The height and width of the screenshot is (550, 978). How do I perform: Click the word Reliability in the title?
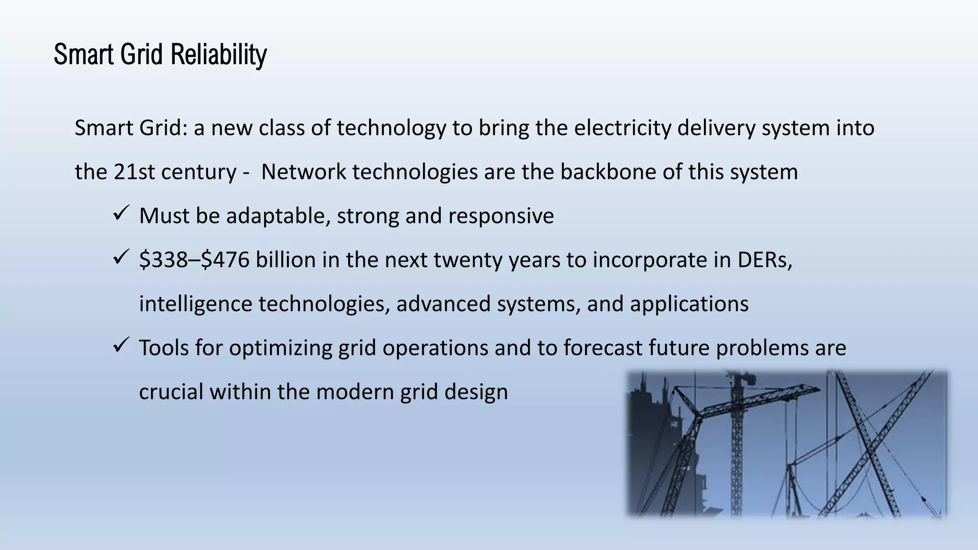[x=218, y=54]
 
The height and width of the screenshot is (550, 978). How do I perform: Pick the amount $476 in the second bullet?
[x=225, y=260]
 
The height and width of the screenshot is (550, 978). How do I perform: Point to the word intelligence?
[x=195, y=304]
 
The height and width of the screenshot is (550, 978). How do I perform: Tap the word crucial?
[x=170, y=392]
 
